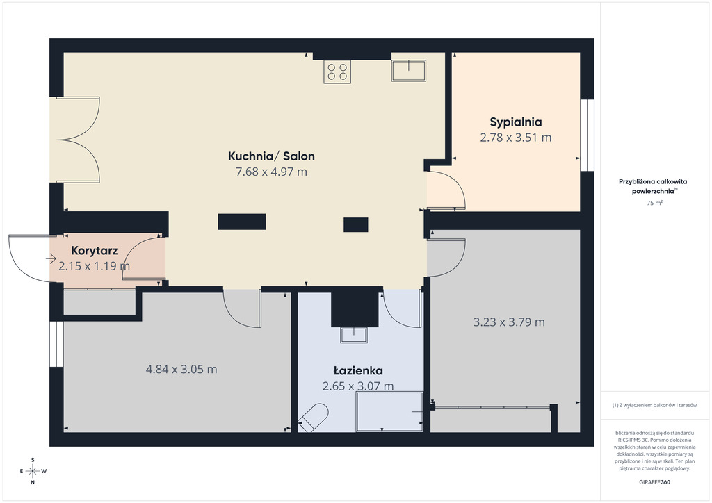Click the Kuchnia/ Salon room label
click(271, 156)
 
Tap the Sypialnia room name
click(515, 122)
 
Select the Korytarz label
click(95, 250)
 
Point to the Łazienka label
click(358, 370)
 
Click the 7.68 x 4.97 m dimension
click(271, 172)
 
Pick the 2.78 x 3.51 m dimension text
click(515, 138)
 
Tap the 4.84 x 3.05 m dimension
click(181, 369)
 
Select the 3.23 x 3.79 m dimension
click(509, 322)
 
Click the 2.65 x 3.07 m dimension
click(358, 386)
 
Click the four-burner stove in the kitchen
click(337, 72)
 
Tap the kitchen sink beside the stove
click(409, 71)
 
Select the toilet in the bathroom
click(313, 418)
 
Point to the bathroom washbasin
click(354, 335)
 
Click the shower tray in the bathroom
click(389, 412)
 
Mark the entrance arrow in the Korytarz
click(51, 258)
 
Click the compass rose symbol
click(33, 471)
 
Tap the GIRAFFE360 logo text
click(654, 482)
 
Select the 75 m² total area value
click(654, 203)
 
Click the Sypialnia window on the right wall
click(587, 135)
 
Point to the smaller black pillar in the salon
click(355, 224)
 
